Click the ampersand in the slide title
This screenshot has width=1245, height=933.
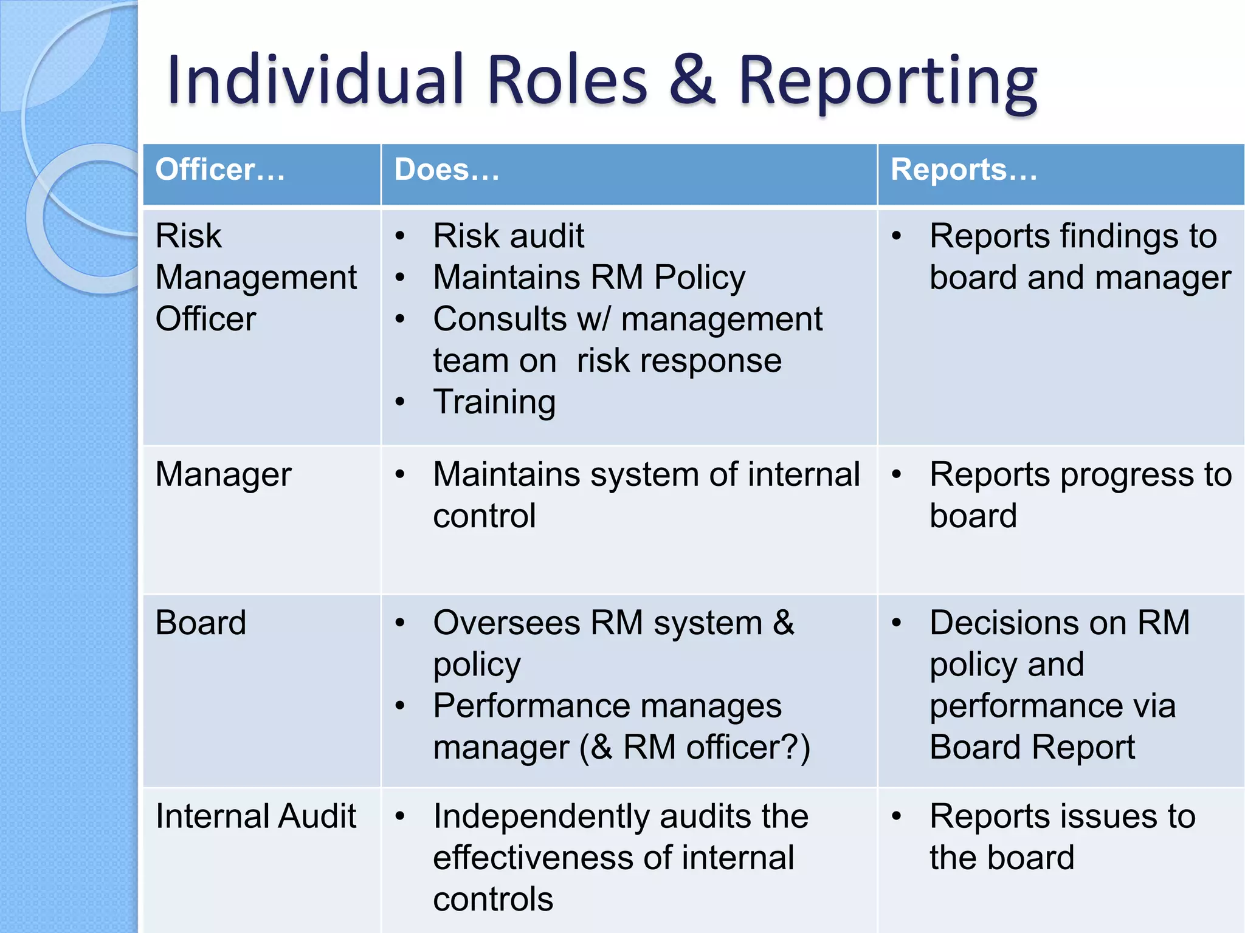pyautogui.click(x=692, y=81)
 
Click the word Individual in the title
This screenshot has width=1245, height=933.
pyautogui.click(x=316, y=81)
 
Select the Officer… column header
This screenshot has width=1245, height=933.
pyautogui.click(x=219, y=169)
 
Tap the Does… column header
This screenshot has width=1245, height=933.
pyautogui.click(x=446, y=169)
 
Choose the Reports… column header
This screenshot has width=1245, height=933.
pyautogui.click(x=964, y=169)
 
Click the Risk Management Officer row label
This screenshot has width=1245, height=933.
pyautogui.click(x=255, y=277)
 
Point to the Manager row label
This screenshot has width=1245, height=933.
pyautogui.click(x=223, y=474)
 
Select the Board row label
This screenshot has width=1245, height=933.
pyautogui.click(x=201, y=623)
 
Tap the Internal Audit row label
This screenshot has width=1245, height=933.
pyautogui.click(x=255, y=816)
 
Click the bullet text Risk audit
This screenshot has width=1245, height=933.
pyautogui.click(x=508, y=236)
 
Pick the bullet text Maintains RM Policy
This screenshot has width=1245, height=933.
pyautogui.click(x=588, y=278)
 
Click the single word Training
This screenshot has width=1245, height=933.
pyautogui.click(x=494, y=402)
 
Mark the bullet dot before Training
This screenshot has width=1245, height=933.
pyautogui.click(x=400, y=402)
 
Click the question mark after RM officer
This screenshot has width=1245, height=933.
pyautogui.click(x=791, y=747)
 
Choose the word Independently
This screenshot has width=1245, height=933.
pyautogui.click(x=541, y=817)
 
